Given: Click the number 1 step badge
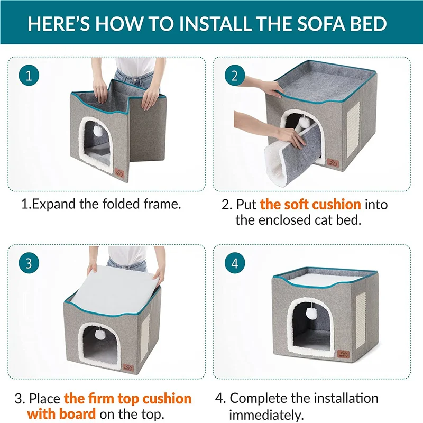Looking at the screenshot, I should [x=29, y=76].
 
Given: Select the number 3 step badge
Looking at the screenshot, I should [x=29, y=262].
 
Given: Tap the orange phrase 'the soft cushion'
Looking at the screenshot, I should [x=310, y=204].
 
